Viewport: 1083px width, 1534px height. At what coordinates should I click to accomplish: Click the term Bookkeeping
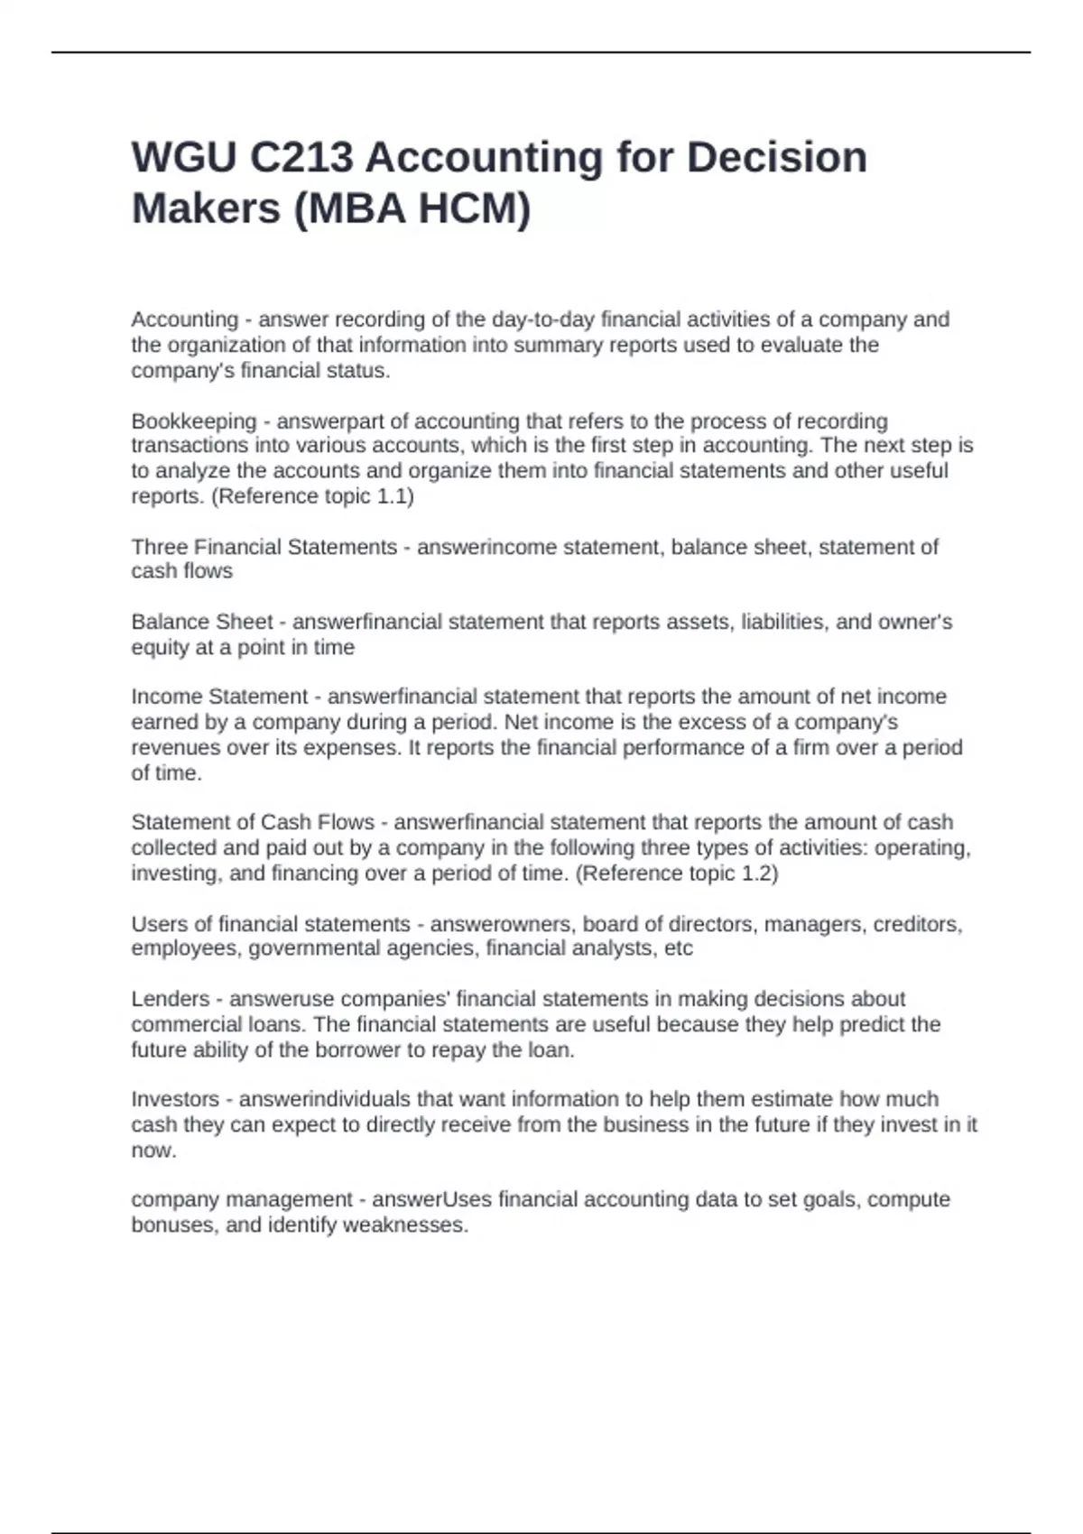pyautogui.click(x=194, y=421)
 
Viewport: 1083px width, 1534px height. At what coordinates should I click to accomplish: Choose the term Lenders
pyautogui.click(x=170, y=999)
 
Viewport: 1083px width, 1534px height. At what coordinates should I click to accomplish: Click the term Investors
pyautogui.click(x=175, y=1099)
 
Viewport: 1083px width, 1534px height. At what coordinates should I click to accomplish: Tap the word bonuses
pyautogui.click(x=171, y=1225)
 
